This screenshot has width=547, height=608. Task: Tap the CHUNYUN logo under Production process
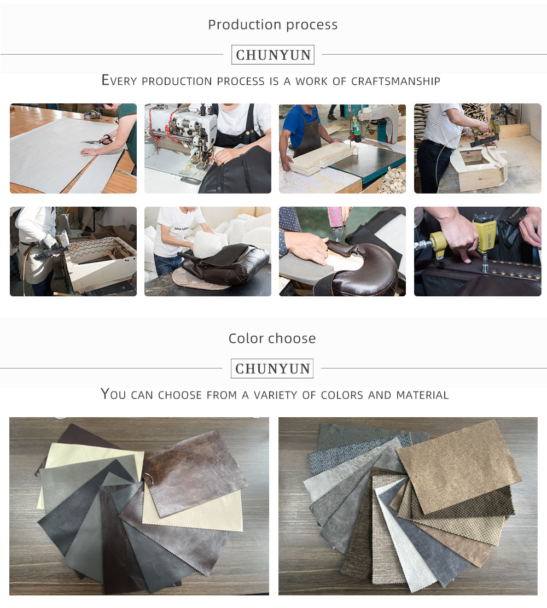pos(273,55)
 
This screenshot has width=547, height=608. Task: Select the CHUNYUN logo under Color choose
pos(272,369)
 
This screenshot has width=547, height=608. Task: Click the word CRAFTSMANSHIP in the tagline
pos(395,81)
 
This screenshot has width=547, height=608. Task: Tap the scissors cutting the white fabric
pos(102,139)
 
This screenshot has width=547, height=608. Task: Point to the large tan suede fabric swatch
pos(460,466)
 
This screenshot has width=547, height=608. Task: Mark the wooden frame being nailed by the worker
pos(480,168)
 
